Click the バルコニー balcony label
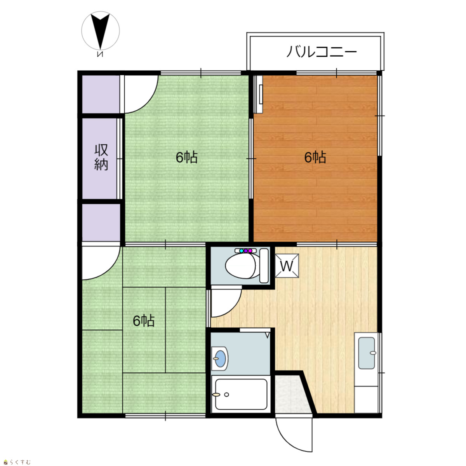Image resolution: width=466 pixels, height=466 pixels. (322, 52)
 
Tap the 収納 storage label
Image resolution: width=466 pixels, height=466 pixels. (101, 157)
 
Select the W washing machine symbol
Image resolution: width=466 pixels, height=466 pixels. (287, 266)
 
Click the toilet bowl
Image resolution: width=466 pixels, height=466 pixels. (240, 266)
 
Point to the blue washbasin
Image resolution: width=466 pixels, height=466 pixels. (220, 358)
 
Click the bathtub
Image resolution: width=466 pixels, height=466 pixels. (241, 394)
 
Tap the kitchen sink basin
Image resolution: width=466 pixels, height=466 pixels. (367, 353)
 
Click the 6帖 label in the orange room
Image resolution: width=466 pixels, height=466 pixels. (315, 157)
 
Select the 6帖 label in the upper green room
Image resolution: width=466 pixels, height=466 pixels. (186, 157)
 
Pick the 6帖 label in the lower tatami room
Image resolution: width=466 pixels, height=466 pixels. (144, 321)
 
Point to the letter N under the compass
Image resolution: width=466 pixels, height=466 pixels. (100, 54)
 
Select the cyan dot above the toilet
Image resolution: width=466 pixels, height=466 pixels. (241, 250)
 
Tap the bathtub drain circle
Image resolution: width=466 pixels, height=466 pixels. (226, 395)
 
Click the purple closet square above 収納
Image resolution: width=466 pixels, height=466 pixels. (101, 94)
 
